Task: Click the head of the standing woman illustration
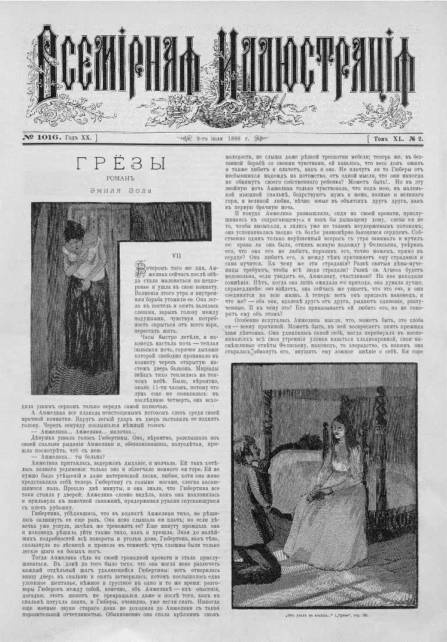[74, 231]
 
